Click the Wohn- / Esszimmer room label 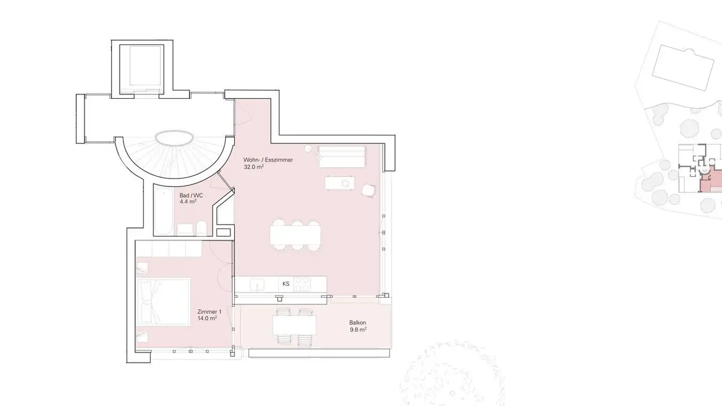268,160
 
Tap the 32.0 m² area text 254,167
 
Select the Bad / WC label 191,195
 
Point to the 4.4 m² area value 188,202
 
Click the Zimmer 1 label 209,312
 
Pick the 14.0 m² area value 207,318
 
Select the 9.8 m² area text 358,330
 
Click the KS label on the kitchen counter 286,284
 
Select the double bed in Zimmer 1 163,302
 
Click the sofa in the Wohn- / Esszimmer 341,157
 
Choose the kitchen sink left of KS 257,285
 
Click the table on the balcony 294,326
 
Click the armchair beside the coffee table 369,190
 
